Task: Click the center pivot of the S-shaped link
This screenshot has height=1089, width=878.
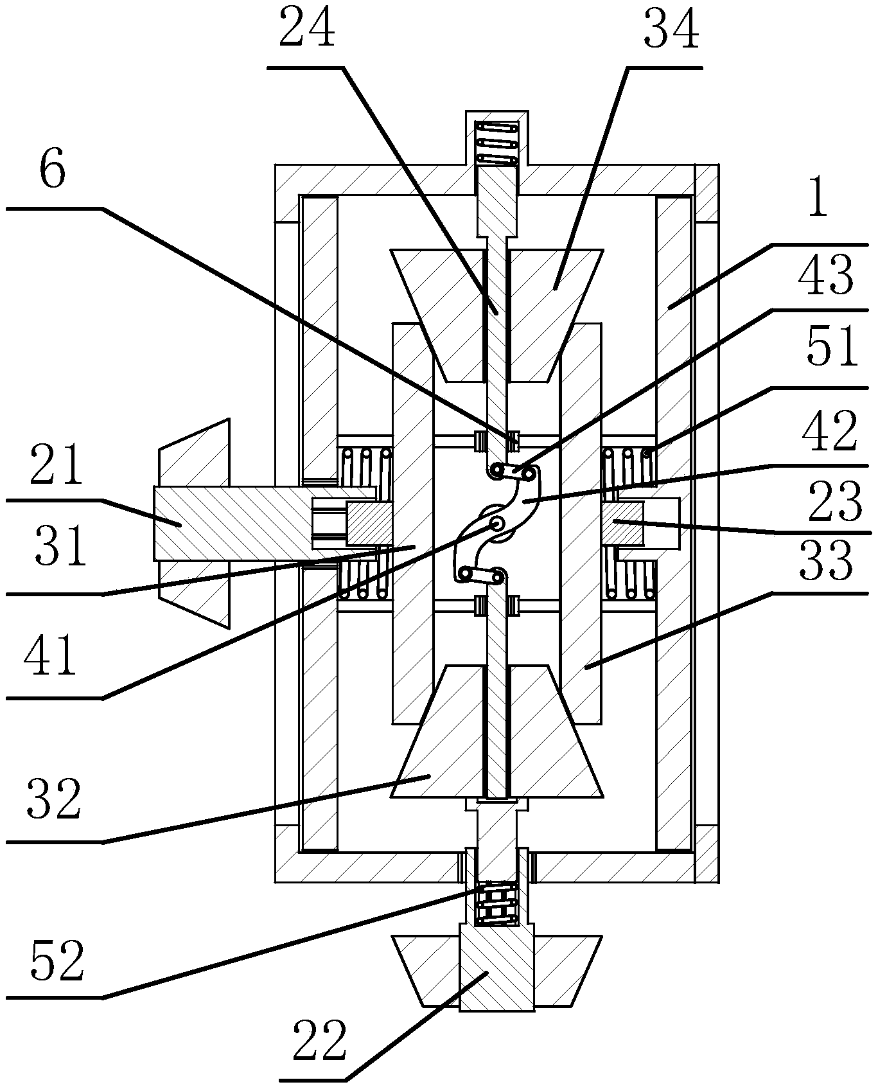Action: click(x=496, y=525)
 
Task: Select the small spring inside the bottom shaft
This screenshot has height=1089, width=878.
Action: click(x=496, y=904)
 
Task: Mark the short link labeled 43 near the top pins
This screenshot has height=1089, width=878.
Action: click(x=513, y=473)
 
